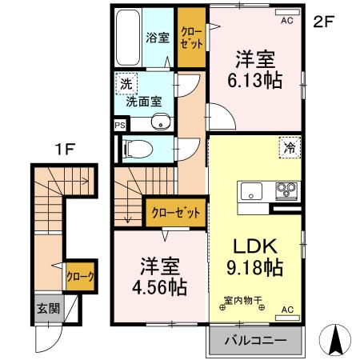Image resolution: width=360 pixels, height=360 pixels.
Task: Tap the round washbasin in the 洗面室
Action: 160,122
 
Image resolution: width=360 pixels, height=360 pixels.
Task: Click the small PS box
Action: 120,125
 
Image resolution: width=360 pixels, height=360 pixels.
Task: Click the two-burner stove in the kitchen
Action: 286,191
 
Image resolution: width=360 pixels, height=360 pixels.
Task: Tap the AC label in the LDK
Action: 287,310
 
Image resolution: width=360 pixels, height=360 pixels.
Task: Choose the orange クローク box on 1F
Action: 81,276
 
